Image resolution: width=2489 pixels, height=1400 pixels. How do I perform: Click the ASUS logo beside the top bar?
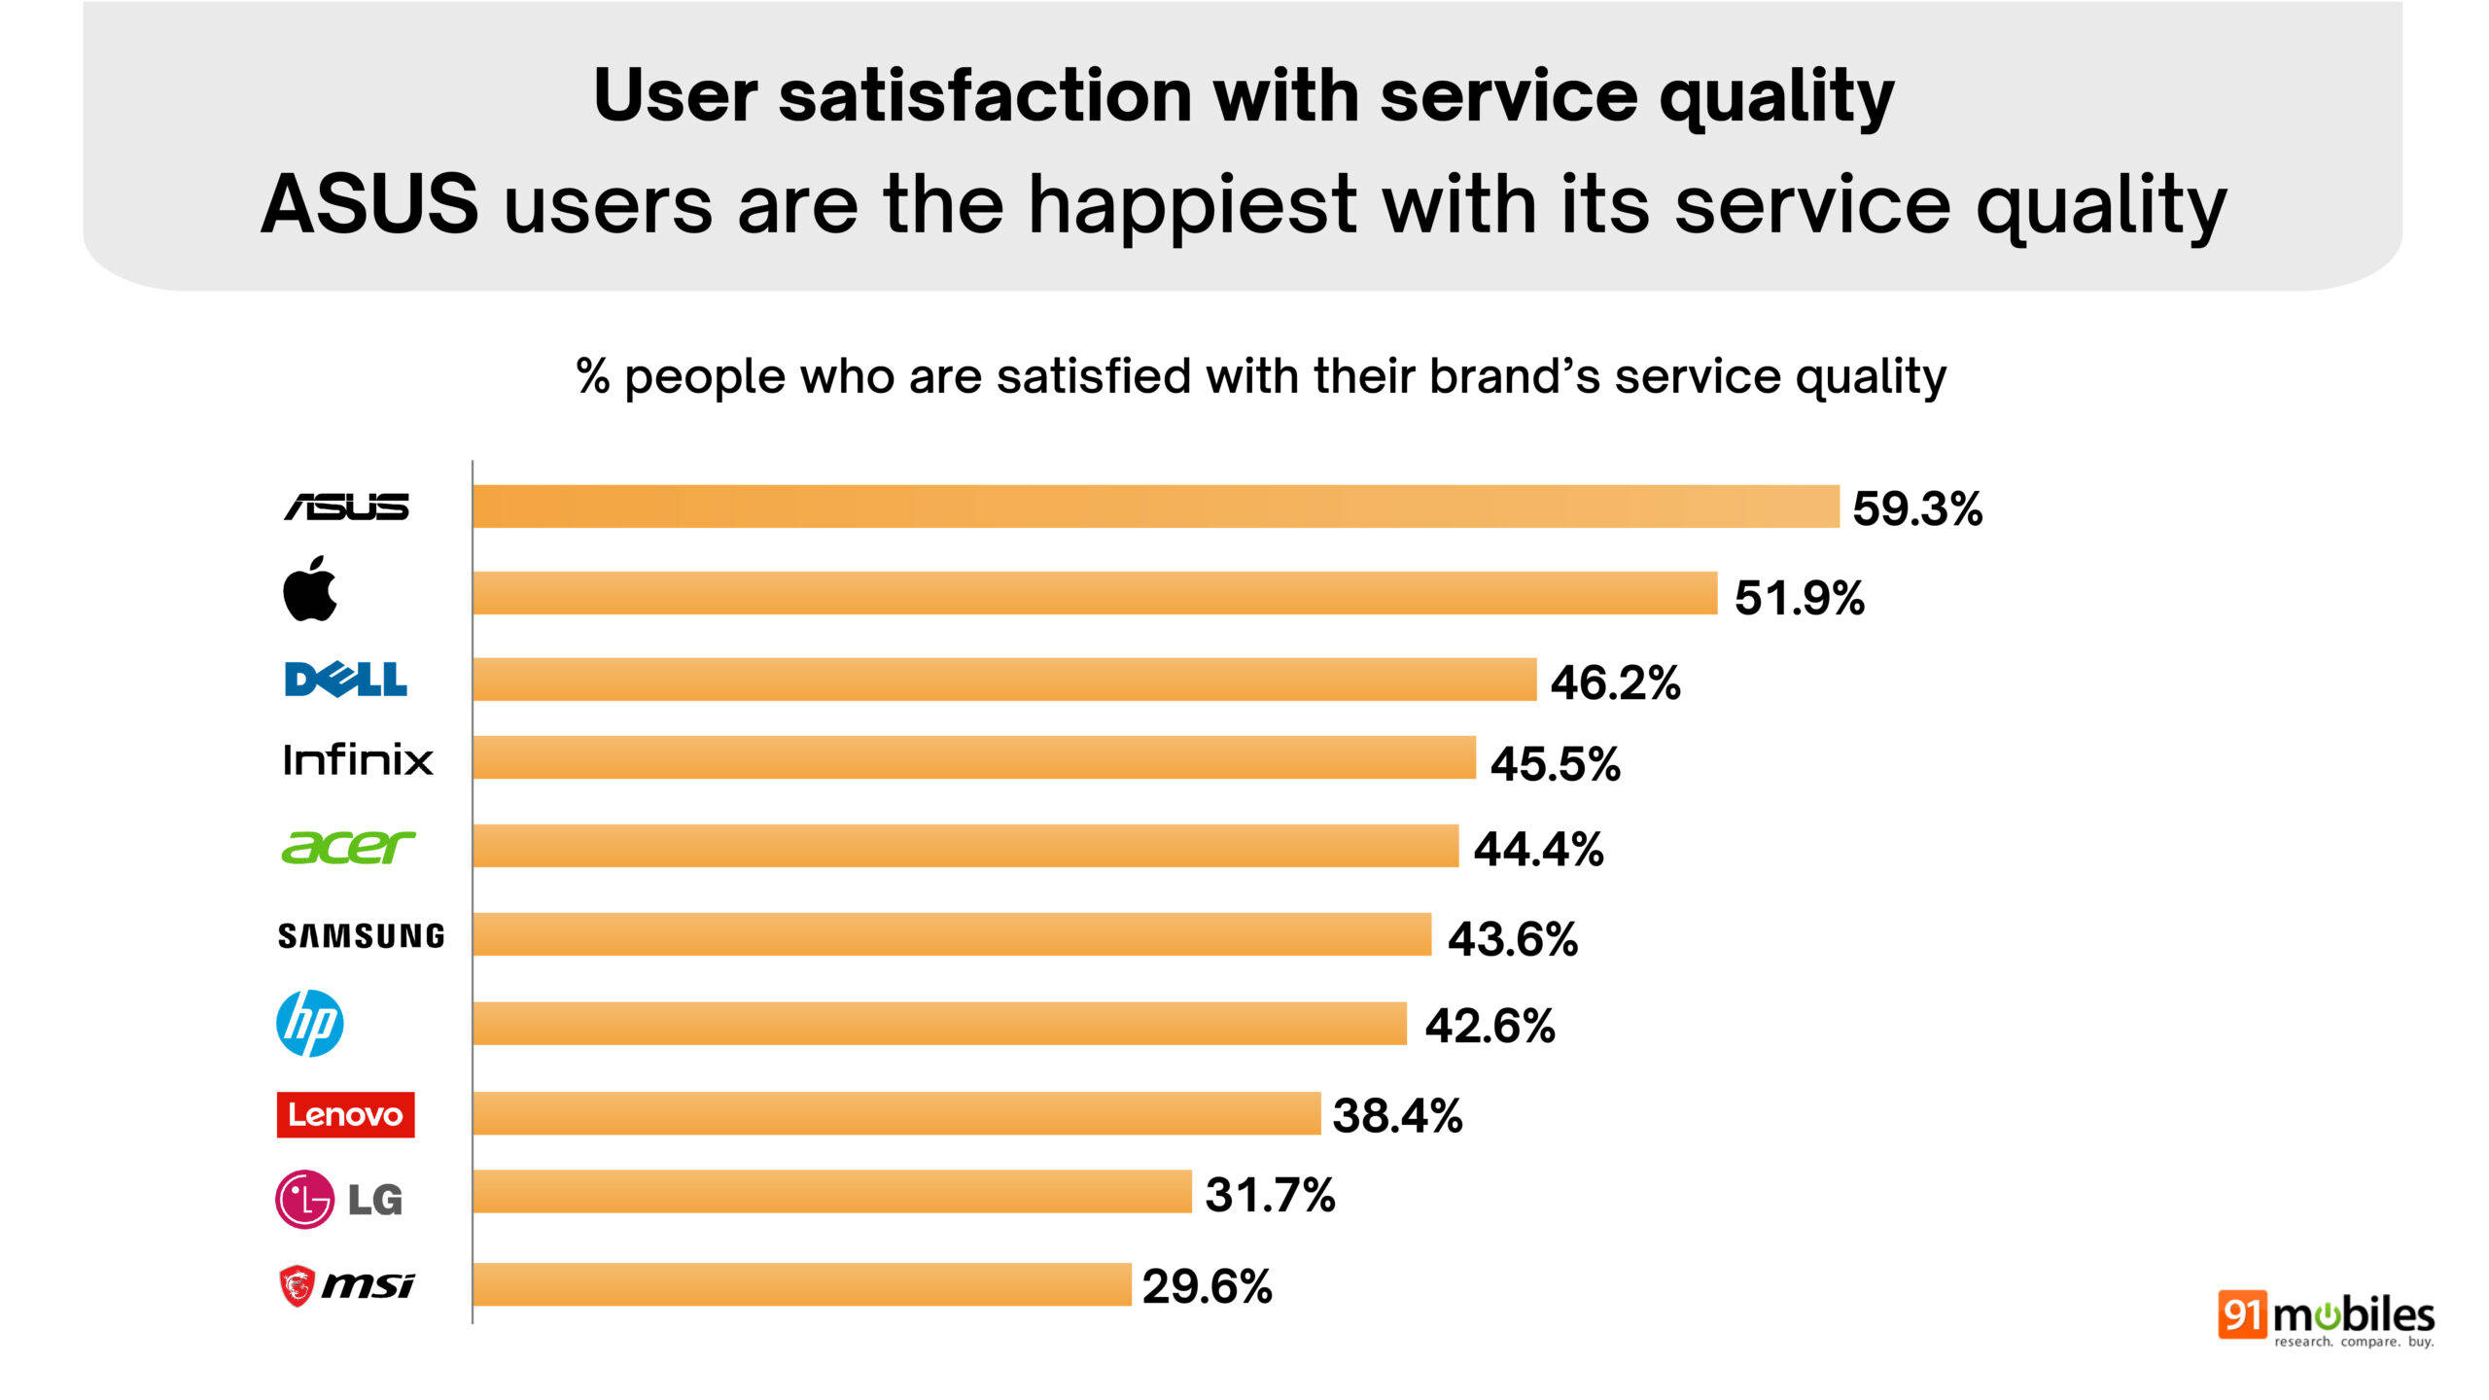(346, 507)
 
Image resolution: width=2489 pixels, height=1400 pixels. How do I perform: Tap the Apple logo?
(309, 589)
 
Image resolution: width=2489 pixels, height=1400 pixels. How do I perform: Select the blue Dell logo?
(345, 680)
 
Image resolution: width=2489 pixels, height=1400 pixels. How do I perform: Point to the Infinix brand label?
(357, 759)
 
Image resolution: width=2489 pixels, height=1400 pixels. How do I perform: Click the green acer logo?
(347, 847)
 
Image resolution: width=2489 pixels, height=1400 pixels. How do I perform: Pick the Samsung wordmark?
(361, 935)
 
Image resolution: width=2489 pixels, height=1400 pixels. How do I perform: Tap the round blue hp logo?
(309, 1023)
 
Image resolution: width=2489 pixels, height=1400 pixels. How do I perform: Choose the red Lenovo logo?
(345, 1114)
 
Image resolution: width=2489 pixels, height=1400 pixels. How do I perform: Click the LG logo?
(338, 1199)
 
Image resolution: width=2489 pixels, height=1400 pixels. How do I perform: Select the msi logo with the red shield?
(346, 1285)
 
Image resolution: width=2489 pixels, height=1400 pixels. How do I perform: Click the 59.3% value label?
(1916, 508)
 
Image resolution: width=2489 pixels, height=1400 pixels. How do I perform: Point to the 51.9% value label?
(1799, 597)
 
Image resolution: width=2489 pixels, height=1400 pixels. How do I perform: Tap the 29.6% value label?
(1207, 1286)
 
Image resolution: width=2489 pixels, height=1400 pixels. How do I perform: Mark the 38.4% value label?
(1397, 1115)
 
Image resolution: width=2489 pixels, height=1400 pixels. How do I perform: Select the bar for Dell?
(1003, 679)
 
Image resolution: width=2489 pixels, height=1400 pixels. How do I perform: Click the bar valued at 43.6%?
(951, 933)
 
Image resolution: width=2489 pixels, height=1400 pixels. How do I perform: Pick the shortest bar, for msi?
(801, 1283)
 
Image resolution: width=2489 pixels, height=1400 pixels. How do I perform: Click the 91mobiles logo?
(2325, 1318)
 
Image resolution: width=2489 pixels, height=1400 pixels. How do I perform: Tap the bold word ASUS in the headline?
(369, 204)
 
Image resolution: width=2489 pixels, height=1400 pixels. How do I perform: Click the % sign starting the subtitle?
(592, 375)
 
